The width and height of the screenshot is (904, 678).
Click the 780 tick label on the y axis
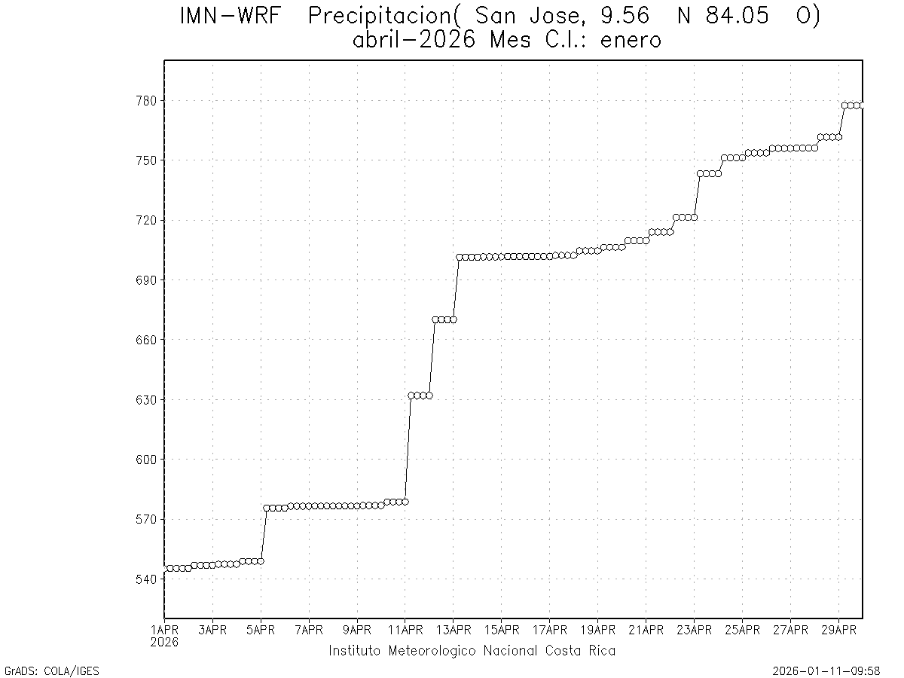145,101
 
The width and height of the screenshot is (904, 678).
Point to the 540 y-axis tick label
145,579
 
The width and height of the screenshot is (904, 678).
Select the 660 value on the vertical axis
145,340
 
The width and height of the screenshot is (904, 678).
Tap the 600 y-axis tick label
145,460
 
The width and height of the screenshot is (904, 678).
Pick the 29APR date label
838,630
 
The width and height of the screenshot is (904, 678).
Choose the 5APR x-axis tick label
261,630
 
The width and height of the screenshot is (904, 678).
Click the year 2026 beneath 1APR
164,642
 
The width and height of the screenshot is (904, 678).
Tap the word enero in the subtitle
631,40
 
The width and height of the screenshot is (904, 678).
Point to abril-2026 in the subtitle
414,40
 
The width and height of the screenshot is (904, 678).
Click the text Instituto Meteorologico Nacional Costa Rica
472,651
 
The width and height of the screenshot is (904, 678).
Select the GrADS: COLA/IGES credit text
52,670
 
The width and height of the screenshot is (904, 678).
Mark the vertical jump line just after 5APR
264,535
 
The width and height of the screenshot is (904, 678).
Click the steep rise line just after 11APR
408,449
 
